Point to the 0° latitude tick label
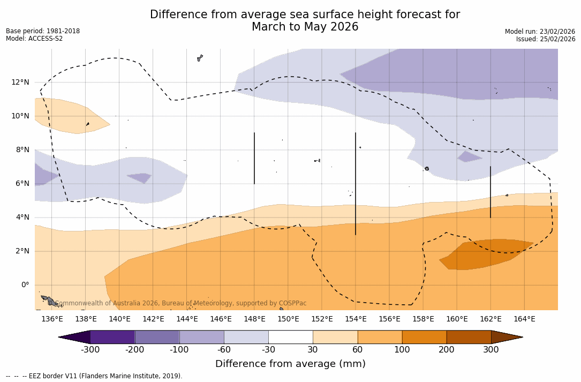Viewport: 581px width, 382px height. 25,284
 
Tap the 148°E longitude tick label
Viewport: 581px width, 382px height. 254,319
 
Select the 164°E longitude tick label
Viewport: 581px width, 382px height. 524,319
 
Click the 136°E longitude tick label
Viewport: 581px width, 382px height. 52,319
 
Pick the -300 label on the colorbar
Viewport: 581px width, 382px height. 90,350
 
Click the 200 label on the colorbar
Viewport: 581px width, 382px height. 447,350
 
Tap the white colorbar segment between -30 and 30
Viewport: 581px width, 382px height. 290,337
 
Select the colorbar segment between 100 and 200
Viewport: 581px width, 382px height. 424,337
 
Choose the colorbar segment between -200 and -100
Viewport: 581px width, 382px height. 157,337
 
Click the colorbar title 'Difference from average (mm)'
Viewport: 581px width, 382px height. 290,364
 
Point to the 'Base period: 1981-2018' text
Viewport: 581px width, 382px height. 43,31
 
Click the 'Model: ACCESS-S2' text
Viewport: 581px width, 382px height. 34,39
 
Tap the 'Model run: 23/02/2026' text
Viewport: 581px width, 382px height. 540,32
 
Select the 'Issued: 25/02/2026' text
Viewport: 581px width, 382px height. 546,39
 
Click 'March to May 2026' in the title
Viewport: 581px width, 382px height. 305,27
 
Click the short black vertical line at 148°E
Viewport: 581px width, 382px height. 254,158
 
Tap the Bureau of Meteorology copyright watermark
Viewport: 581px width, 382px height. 181,303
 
